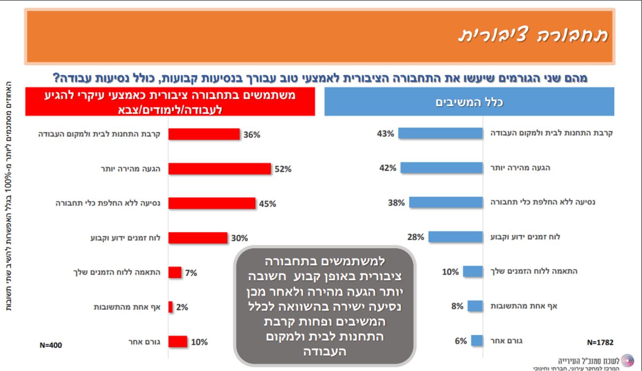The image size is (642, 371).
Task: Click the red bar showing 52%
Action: (x=220, y=169)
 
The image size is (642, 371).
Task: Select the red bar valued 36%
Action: (x=204, y=134)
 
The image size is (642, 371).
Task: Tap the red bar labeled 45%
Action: (x=212, y=204)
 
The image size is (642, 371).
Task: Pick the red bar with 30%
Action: (x=198, y=238)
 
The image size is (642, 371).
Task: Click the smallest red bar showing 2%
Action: (x=170, y=307)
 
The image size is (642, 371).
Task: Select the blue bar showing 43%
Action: (x=441, y=133)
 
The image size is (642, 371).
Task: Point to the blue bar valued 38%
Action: (x=446, y=203)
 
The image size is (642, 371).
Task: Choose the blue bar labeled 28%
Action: (x=455, y=237)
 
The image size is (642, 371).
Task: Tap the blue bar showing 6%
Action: (x=477, y=341)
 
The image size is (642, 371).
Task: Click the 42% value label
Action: (x=387, y=168)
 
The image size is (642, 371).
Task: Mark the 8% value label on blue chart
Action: (x=457, y=306)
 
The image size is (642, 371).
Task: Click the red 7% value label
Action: (x=191, y=273)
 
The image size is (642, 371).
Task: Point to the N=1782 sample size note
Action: (x=601, y=342)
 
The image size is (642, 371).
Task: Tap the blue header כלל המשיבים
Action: (x=469, y=102)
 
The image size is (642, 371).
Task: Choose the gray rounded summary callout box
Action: (x=324, y=306)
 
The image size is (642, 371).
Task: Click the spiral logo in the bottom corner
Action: (x=627, y=360)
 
